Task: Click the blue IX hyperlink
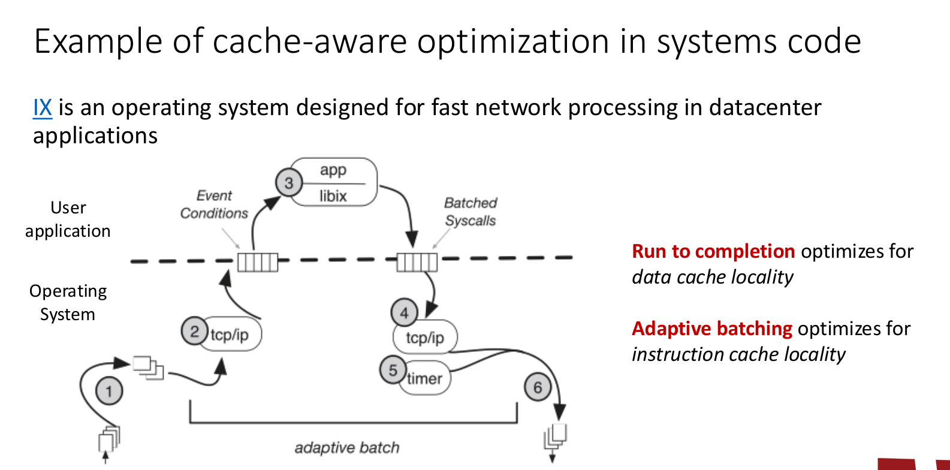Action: click(x=43, y=108)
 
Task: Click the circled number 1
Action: click(x=109, y=391)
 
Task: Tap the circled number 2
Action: click(x=194, y=332)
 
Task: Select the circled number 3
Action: click(x=289, y=183)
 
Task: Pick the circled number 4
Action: click(x=404, y=312)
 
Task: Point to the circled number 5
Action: click(x=393, y=370)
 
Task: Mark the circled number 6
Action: click(x=538, y=388)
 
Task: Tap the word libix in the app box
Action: click(x=333, y=196)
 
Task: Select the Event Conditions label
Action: click(x=214, y=204)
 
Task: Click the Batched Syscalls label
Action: click(x=471, y=212)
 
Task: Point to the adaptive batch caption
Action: click(x=347, y=448)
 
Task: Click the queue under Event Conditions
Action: click(x=258, y=263)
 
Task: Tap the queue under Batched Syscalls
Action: click(x=417, y=262)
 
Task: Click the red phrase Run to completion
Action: click(x=713, y=251)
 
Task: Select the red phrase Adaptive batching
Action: click(x=712, y=329)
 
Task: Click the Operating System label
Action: click(x=68, y=303)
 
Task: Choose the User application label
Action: click(x=68, y=219)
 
